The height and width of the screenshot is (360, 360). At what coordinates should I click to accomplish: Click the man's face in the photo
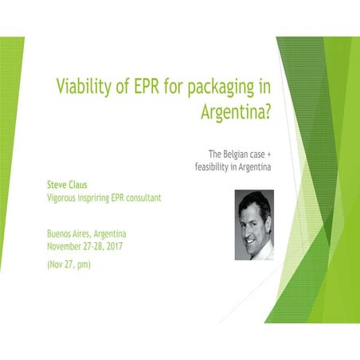click(254, 221)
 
